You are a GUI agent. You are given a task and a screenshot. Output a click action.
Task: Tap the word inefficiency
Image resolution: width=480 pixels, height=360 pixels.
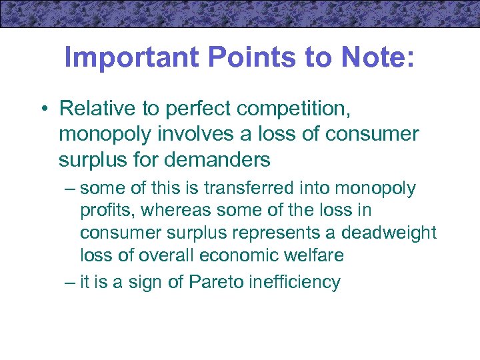297,282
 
